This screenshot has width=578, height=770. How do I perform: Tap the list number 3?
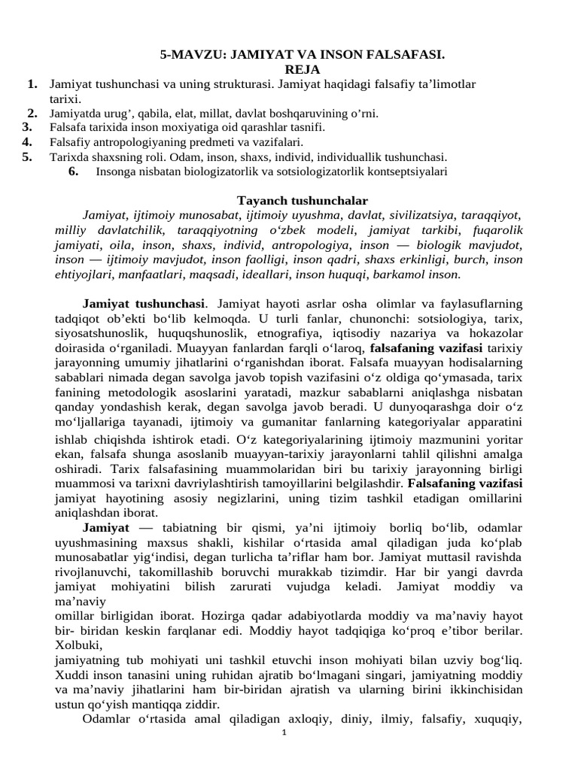click(28, 128)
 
